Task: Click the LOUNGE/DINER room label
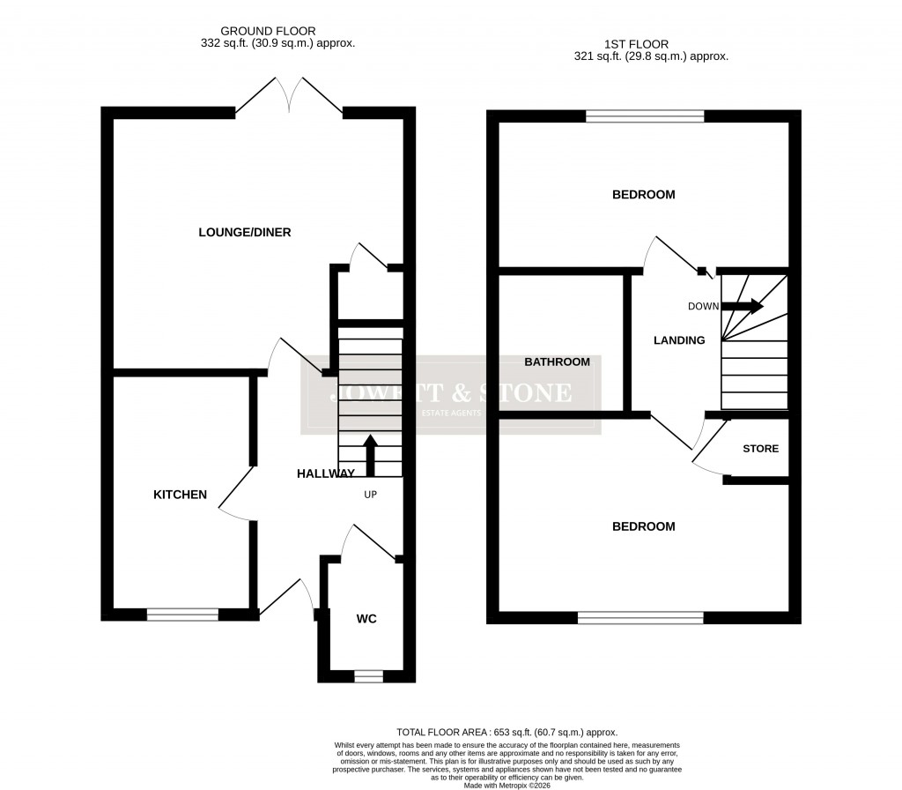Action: pos(245,233)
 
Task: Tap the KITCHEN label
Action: pos(181,495)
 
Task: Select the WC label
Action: pos(366,619)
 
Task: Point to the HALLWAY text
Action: pos(326,473)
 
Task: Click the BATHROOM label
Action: pos(558,361)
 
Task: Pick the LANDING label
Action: pos(679,340)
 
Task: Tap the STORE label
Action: pos(760,449)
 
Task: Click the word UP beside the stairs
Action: pos(371,495)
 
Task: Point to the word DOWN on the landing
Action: pos(704,306)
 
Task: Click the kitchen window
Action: pos(182,615)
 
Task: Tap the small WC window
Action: pos(368,676)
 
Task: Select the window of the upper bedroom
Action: pos(646,116)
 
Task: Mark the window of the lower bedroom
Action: pos(640,618)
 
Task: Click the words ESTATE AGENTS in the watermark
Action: pos(451,414)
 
